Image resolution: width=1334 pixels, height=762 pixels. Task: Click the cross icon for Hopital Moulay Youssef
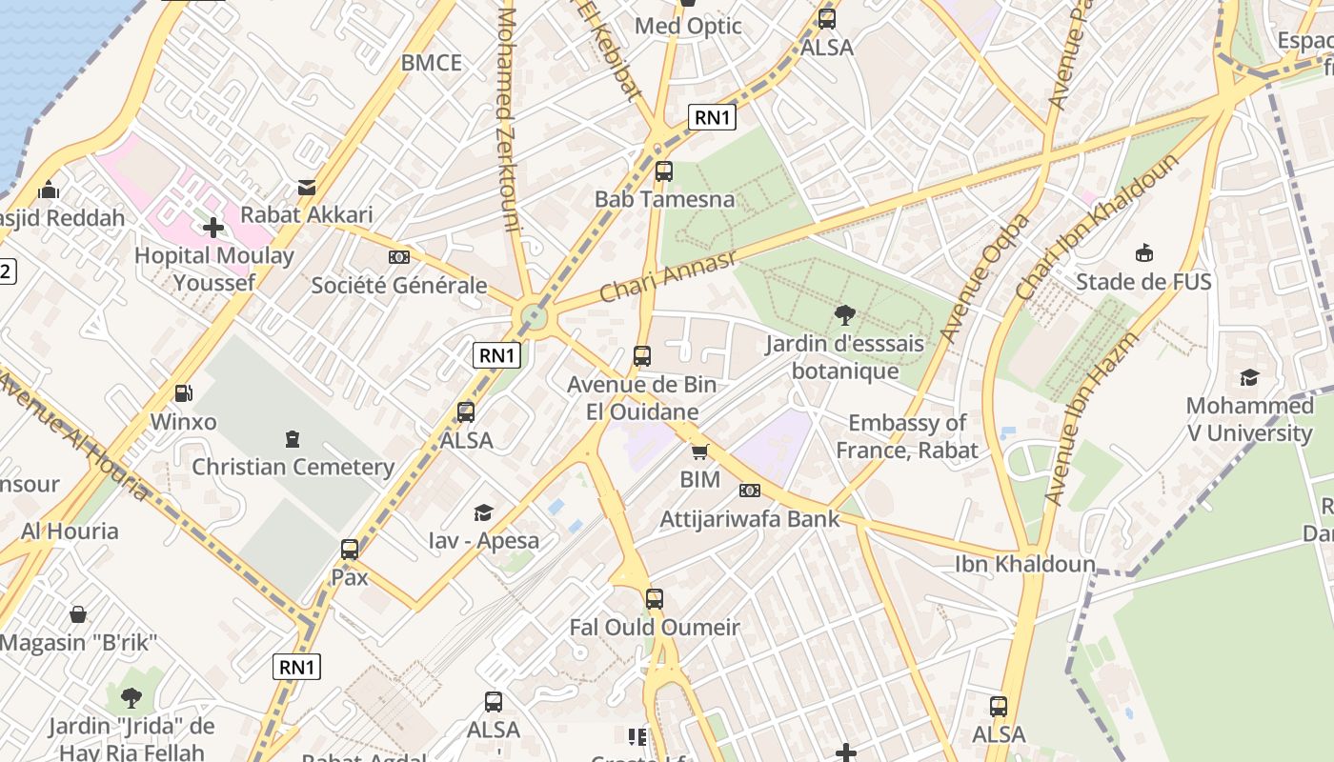pyautogui.click(x=213, y=228)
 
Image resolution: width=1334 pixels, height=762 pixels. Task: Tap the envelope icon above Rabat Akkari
pyautogui.click(x=307, y=188)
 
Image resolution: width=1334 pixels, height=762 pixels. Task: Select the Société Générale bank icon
pyautogui.click(x=399, y=257)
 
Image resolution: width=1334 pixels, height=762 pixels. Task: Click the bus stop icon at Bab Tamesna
pyautogui.click(x=664, y=171)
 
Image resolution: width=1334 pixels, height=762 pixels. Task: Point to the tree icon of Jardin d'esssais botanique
pyautogui.click(x=844, y=315)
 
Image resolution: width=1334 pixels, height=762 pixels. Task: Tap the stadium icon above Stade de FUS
pyautogui.click(x=1143, y=253)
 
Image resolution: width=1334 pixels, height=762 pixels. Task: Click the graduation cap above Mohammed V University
pyautogui.click(x=1249, y=378)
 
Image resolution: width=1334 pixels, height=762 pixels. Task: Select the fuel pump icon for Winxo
pyautogui.click(x=183, y=392)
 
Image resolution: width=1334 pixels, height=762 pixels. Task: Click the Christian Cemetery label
pyautogui.click(x=293, y=467)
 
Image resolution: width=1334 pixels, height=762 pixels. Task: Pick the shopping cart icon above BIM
pyautogui.click(x=700, y=451)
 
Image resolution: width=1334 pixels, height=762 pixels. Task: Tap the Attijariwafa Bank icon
pyautogui.click(x=750, y=491)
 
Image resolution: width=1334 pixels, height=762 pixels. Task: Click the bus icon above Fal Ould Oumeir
pyautogui.click(x=654, y=599)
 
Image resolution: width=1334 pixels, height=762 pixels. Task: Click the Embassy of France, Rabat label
pyautogui.click(x=907, y=436)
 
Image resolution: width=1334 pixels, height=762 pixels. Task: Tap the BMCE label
pyautogui.click(x=431, y=63)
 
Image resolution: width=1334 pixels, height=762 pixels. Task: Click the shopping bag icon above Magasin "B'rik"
pyautogui.click(x=78, y=614)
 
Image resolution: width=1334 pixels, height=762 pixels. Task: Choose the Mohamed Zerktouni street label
pyautogui.click(x=510, y=119)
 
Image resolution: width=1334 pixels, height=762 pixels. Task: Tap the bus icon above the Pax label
pyautogui.click(x=350, y=550)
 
